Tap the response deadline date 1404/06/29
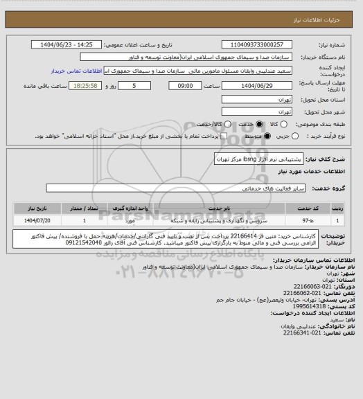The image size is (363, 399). [x=258, y=85]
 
